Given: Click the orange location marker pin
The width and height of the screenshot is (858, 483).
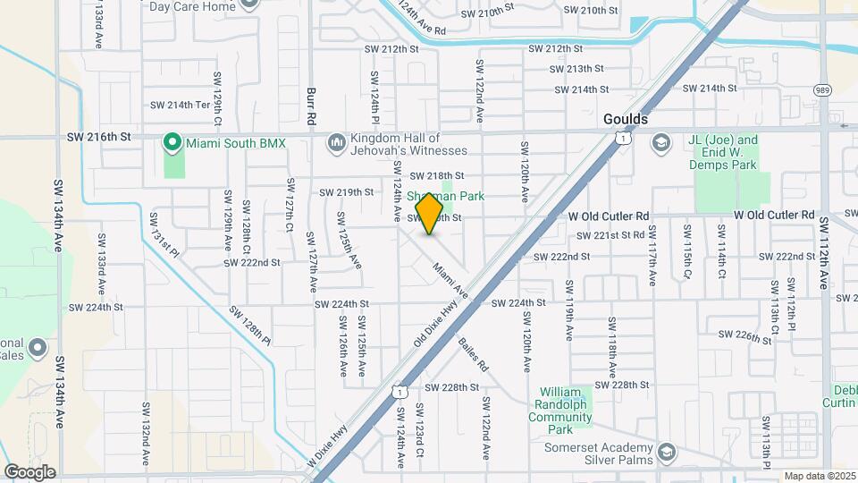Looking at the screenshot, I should tap(430, 215).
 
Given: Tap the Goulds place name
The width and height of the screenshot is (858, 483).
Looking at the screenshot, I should tap(626, 118).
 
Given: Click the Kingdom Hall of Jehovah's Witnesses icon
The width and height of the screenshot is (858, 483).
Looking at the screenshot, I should tap(336, 142).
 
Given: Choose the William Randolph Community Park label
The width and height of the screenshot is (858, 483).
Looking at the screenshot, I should tap(566, 411).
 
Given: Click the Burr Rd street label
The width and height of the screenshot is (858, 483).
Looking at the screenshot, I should tap(311, 106).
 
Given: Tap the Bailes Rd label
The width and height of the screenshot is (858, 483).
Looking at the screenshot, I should tap(473, 355).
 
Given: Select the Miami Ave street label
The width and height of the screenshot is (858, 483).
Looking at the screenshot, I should tap(450, 281).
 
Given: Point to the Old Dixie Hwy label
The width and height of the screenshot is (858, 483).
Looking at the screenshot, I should tap(436, 325).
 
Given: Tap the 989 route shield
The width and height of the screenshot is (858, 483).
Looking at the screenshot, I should tap(821, 89).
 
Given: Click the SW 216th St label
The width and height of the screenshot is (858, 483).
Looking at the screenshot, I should tap(99, 137).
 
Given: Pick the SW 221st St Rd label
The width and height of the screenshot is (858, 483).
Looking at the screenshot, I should tap(610, 236).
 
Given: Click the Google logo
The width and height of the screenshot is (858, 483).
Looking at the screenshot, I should tap(29, 471).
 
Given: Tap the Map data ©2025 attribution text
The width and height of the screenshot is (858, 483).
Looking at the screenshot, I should tap(820, 476).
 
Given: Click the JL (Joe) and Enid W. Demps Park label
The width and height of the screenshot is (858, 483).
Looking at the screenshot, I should tap(723, 152).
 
